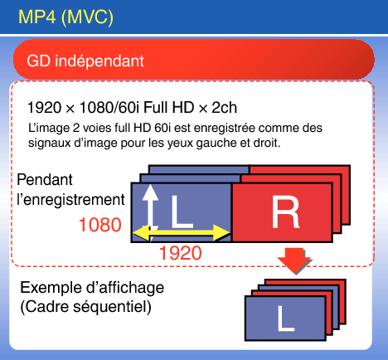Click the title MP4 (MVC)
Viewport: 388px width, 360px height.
65,17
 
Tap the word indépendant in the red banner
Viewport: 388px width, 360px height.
99,61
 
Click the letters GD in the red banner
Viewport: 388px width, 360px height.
39,61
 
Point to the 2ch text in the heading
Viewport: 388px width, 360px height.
224,107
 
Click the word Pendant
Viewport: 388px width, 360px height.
45,180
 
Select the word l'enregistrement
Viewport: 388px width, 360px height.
71,200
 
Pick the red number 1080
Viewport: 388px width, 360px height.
100,225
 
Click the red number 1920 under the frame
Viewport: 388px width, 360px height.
181,253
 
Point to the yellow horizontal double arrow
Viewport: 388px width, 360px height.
182,232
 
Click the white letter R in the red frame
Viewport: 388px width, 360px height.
285,212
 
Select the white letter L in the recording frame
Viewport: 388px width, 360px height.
182,212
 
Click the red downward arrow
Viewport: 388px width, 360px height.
294,261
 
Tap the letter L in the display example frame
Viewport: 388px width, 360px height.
286,319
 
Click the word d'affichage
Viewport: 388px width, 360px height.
125,288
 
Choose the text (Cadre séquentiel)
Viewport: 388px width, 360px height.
86,307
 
